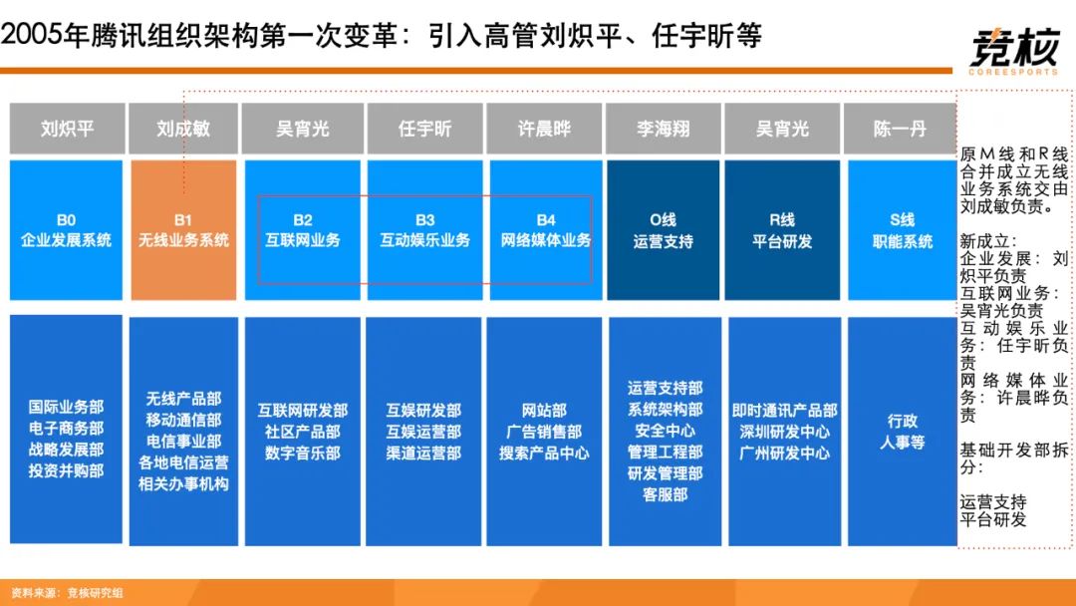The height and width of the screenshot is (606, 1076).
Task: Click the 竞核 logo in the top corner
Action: tap(1013, 50)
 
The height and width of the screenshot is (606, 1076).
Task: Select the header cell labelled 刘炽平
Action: tap(68, 129)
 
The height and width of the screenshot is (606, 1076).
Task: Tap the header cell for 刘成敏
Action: tap(183, 129)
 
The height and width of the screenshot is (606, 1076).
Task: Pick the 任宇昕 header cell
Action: tap(424, 129)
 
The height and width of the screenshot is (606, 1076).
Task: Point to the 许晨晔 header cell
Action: tap(544, 129)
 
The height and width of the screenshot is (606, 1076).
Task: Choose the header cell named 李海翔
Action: tap(663, 129)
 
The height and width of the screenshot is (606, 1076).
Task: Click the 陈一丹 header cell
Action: tap(900, 129)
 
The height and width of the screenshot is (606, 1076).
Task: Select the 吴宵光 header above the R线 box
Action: tap(782, 129)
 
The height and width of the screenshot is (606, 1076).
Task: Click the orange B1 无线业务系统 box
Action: tap(183, 230)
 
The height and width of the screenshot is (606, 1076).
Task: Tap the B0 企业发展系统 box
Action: tap(66, 230)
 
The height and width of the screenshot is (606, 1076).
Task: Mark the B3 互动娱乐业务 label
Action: tap(424, 230)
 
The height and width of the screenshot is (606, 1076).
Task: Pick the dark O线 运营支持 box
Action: tap(663, 230)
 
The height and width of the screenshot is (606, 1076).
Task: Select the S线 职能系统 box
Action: tap(903, 230)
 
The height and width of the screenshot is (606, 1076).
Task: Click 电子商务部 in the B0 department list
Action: tap(66, 429)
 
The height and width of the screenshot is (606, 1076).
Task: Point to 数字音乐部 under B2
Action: tap(303, 453)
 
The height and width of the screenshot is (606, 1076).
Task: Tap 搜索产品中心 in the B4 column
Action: tap(544, 453)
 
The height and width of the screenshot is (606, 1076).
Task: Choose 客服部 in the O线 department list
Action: tap(665, 494)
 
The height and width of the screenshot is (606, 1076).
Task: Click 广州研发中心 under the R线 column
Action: tap(784, 453)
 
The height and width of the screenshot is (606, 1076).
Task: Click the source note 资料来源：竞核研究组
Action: tap(68, 593)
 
